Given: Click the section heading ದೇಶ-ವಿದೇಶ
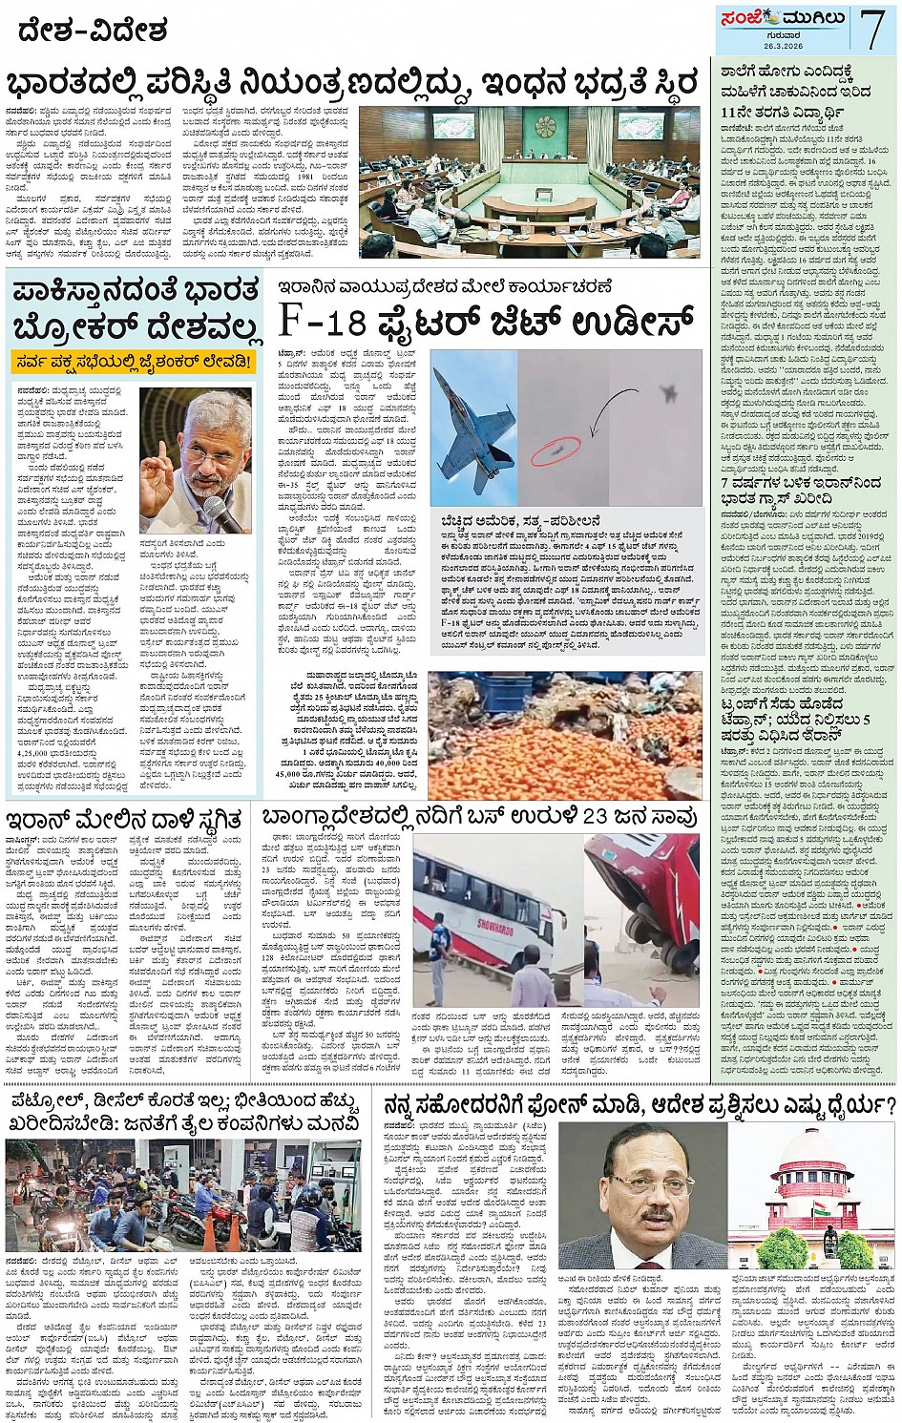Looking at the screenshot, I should pos(93,31).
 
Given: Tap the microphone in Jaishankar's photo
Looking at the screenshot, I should pos(223,516).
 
